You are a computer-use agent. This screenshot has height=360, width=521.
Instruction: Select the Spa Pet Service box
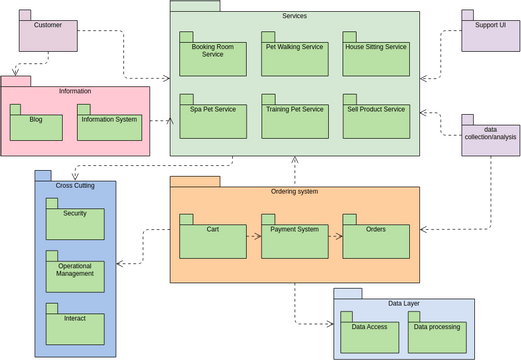point(213,119)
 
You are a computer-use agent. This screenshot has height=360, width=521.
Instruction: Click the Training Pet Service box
point(294,119)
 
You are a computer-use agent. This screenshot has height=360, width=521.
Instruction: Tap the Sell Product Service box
point(376,119)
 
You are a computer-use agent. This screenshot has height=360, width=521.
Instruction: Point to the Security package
point(75,222)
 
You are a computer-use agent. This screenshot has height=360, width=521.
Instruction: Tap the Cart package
point(213,239)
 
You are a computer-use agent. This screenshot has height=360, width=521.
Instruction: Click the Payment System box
point(294,239)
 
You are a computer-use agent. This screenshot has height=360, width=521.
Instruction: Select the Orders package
point(376,239)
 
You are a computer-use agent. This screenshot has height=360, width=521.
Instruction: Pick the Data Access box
point(370,335)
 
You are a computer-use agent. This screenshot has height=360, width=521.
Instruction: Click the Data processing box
point(438,335)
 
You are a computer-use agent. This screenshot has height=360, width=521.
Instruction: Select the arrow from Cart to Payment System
point(253,237)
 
